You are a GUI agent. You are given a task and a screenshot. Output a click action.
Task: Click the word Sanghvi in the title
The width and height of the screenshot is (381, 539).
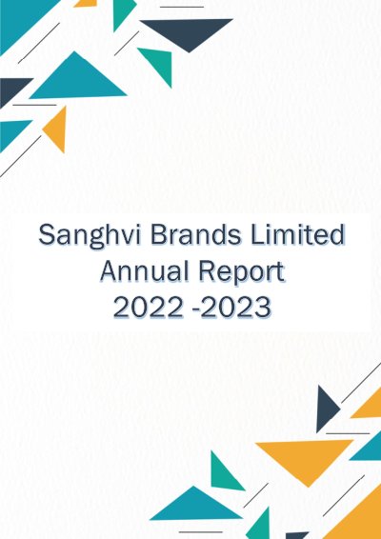click(x=90, y=236)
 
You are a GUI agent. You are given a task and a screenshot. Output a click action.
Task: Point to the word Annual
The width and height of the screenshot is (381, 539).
click(x=145, y=270)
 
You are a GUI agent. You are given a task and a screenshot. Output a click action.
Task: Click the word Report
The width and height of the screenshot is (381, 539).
click(x=242, y=272)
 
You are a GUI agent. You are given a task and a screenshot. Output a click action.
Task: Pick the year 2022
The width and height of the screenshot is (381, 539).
click(x=149, y=307)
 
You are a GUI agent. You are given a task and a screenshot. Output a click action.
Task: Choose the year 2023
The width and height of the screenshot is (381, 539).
click(x=235, y=307)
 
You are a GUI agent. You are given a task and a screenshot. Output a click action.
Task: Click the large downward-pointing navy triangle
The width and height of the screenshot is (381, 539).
click(x=187, y=32)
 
